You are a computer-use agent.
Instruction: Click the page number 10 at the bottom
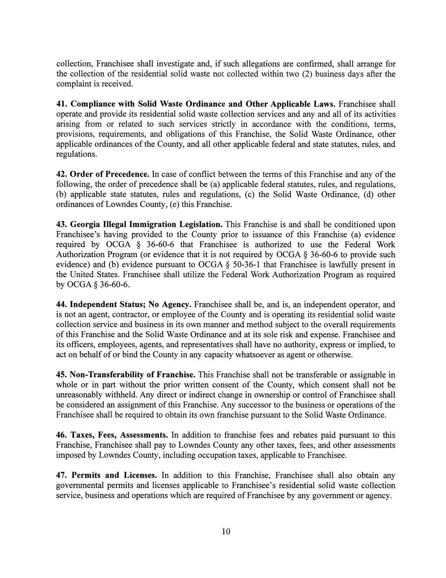click(226, 532)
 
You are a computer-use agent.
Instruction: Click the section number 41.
click(62, 104)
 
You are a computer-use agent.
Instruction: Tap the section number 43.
click(62, 225)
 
